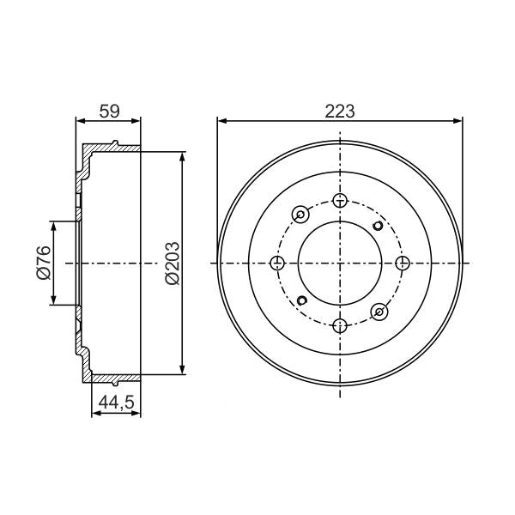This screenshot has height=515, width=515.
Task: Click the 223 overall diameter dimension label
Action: point(340,111)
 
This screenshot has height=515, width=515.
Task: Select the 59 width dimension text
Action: point(108,111)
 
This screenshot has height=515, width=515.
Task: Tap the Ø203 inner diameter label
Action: point(171,264)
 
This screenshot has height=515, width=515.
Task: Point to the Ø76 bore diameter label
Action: point(44,263)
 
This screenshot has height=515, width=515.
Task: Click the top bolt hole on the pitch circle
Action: point(341,201)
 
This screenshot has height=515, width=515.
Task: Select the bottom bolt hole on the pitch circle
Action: point(341,324)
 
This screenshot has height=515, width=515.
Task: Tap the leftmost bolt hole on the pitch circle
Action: point(278,263)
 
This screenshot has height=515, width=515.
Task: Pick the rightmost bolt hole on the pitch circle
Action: point(403,263)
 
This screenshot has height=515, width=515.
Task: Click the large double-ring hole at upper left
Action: point(301,215)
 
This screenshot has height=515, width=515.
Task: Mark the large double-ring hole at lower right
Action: point(380,311)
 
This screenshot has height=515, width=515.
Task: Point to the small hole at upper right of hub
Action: point(379,227)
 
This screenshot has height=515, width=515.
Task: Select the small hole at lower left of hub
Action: point(302,300)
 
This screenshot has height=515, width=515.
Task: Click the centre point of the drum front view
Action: point(341,263)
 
